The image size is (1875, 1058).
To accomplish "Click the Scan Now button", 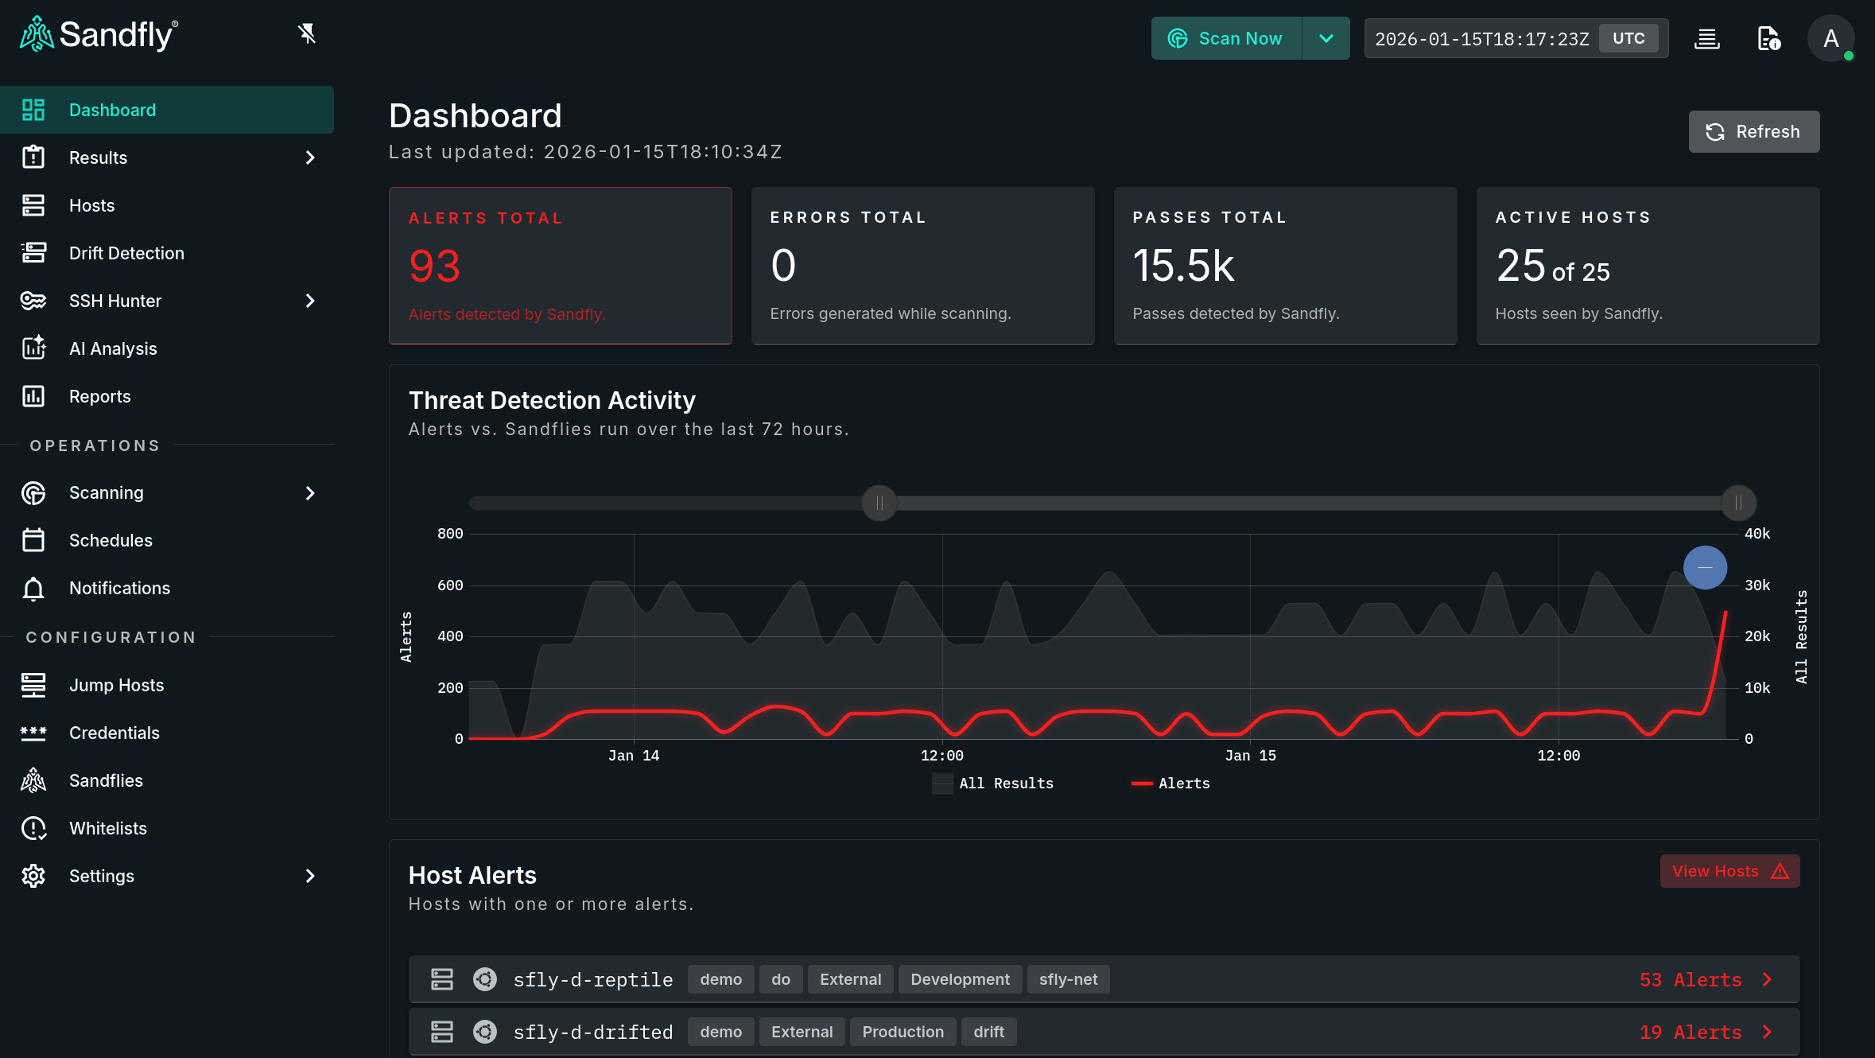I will [1226, 38].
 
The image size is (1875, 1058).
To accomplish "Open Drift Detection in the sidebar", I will [126, 253].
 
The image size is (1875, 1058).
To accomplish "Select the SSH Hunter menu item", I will [115, 301].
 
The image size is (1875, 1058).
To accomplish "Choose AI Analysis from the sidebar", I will [113, 348].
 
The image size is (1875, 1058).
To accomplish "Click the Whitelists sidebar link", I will [108, 828].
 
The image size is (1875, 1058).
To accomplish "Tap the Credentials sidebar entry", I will [115, 733].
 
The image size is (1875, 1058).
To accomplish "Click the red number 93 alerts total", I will [434, 266].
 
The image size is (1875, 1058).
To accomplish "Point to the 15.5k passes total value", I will [1183, 266].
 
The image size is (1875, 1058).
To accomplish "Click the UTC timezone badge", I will [1628, 38].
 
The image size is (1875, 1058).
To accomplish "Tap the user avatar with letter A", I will [1830, 38].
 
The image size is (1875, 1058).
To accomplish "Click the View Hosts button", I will [1729, 871].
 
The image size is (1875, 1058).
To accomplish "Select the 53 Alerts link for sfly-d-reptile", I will [1691, 980].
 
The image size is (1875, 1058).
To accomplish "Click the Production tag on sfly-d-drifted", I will [903, 1032].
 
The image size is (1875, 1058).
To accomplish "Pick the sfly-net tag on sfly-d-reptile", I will [1068, 979].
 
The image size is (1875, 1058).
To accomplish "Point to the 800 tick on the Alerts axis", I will [450, 534].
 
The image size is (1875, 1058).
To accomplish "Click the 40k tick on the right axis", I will [1757, 534].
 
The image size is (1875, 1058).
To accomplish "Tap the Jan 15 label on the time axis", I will [1250, 756].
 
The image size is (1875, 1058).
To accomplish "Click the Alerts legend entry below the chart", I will [1170, 784].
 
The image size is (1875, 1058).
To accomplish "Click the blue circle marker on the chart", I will [1705, 567].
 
